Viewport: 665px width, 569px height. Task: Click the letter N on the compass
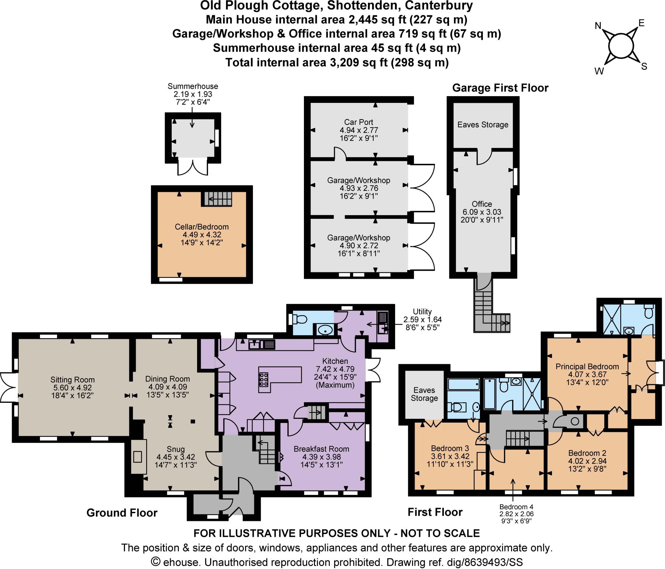pyautogui.click(x=598, y=26)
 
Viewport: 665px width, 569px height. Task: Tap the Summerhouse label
pyautogui.click(x=193, y=86)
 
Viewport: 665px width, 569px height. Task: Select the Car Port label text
pyautogui.click(x=358, y=122)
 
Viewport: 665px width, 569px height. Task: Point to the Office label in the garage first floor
pyautogui.click(x=482, y=204)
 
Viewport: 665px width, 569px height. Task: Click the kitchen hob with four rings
pyautogui.click(x=263, y=379)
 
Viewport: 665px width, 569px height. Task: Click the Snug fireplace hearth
pyautogui.click(x=138, y=457)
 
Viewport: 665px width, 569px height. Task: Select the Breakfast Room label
pyautogui.click(x=321, y=449)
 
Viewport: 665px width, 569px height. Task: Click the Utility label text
pyautogui.click(x=422, y=312)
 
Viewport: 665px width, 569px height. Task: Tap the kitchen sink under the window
pyautogui.click(x=255, y=344)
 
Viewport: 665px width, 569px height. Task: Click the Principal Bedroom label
pyautogui.click(x=587, y=366)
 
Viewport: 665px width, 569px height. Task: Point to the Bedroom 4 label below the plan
pyautogui.click(x=516, y=507)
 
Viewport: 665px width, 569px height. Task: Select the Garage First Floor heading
pyautogui.click(x=500, y=88)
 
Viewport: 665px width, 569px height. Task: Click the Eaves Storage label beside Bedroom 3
pyautogui.click(x=424, y=394)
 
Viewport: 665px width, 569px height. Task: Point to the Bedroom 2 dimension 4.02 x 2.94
pyautogui.click(x=587, y=461)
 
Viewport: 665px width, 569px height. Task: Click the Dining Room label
pyautogui.click(x=167, y=379)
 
